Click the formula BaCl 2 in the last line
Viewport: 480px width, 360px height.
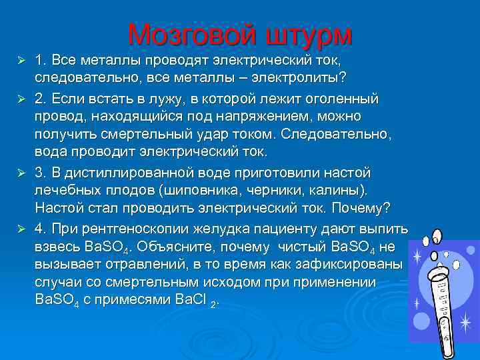pyautogui.click(x=198, y=301)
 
